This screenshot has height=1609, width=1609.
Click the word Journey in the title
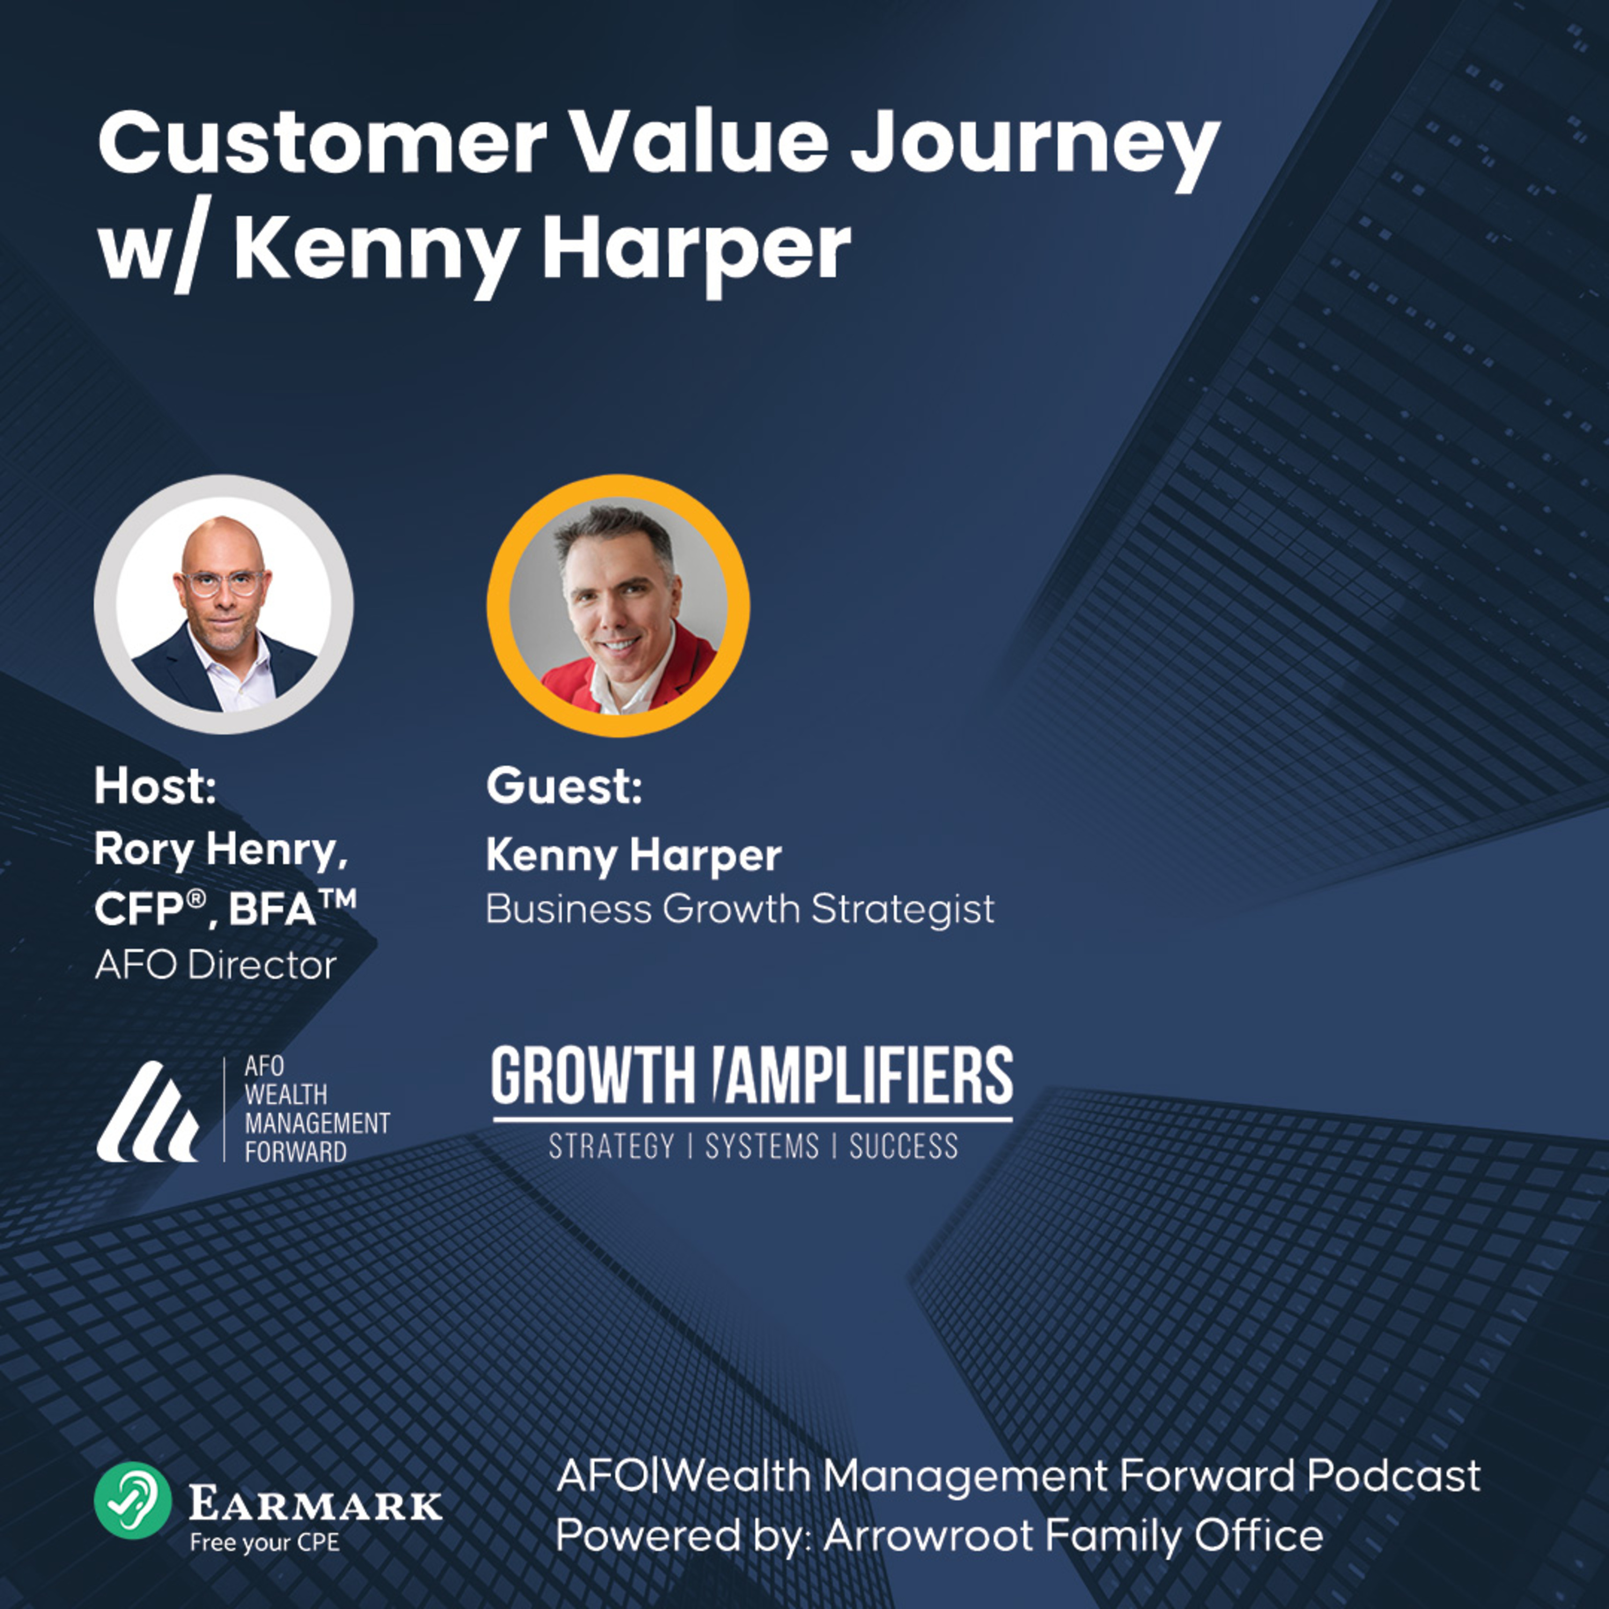click(x=1035, y=147)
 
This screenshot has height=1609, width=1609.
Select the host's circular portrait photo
click(x=223, y=604)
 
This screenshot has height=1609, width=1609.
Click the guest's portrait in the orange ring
click(x=617, y=606)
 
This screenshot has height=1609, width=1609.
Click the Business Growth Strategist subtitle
click(x=740, y=909)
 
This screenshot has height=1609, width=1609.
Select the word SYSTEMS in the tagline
click(x=762, y=1147)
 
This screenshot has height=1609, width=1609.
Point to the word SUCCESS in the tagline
click(x=904, y=1147)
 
